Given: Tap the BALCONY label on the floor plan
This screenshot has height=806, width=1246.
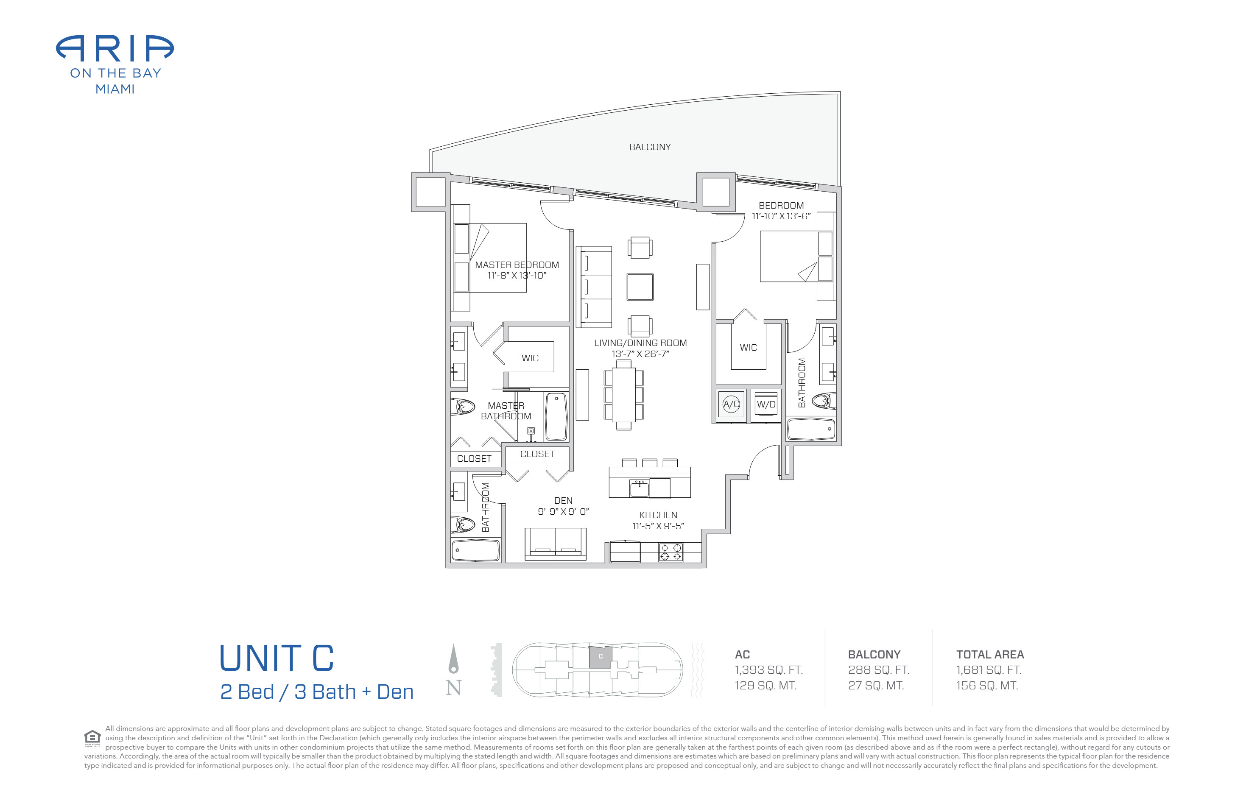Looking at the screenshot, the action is click(x=650, y=147).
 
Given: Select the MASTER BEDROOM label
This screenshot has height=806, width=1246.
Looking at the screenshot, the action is click(x=517, y=265).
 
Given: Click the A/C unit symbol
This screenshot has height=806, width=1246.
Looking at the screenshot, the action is click(x=732, y=404).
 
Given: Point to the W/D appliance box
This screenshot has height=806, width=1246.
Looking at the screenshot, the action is click(x=766, y=404).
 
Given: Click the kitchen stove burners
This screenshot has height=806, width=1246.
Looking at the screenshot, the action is click(x=670, y=552).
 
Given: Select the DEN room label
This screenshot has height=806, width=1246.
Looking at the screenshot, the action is click(x=563, y=501).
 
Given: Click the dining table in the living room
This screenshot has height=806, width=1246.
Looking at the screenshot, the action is click(x=623, y=395).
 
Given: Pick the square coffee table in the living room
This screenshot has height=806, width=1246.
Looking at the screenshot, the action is click(x=640, y=287).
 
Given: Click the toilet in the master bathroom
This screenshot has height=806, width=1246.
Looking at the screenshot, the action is click(x=463, y=406).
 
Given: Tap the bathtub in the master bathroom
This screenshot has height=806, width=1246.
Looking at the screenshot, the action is click(x=556, y=417).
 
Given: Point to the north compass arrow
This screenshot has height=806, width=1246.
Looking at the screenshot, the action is click(x=453, y=658).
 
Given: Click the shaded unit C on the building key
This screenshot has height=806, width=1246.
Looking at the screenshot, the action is click(x=601, y=657).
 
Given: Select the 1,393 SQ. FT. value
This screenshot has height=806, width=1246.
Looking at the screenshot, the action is click(x=768, y=670).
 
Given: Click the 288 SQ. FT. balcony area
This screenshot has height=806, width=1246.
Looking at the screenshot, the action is click(x=878, y=670).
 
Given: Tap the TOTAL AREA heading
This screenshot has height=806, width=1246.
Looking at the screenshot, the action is click(x=990, y=654).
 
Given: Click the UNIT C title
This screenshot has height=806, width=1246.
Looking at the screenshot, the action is click(x=277, y=658).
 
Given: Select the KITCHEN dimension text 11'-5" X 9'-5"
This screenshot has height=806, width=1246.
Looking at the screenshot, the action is click(x=658, y=526).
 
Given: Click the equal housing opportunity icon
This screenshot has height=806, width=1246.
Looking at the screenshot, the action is click(x=92, y=739).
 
